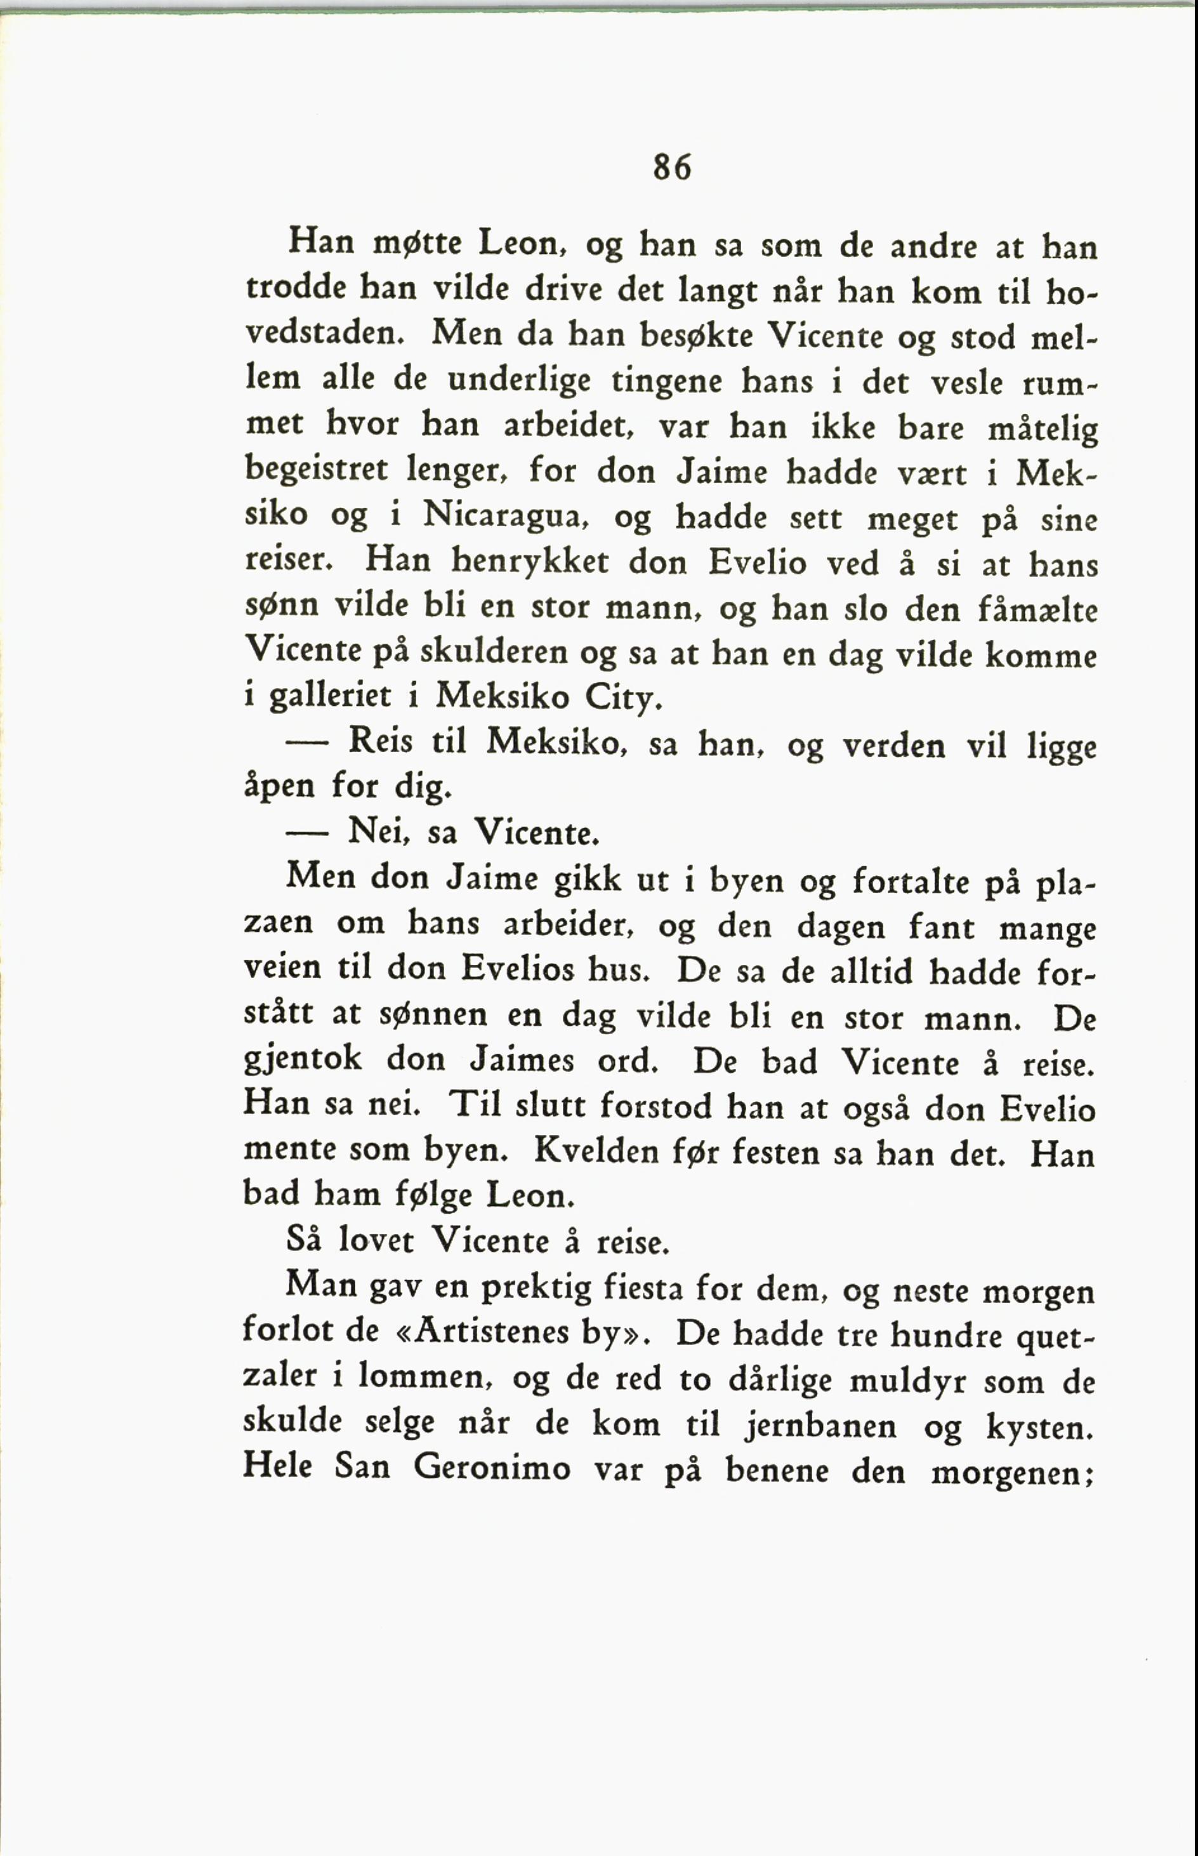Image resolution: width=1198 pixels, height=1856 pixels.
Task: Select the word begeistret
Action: pyautogui.click(x=316, y=472)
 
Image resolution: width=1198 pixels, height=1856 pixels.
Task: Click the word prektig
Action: pyautogui.click(x=537, y=1289)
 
